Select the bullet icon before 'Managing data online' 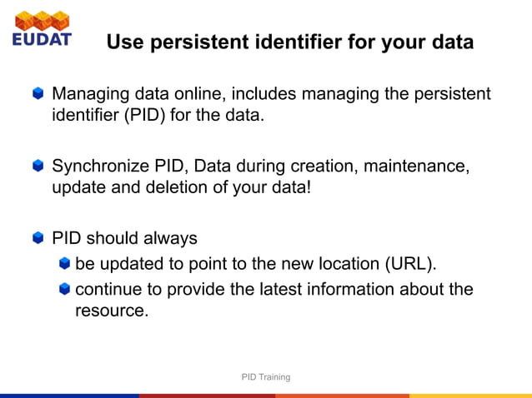tap(38, 94)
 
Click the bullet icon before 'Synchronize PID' tap(38, 167)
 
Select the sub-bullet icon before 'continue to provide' tap(65, 290)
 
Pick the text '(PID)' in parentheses tap(147, 115)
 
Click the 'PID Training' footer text tap(266, 377)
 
